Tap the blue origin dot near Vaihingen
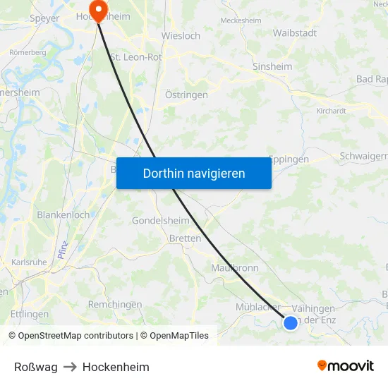291,323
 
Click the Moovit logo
346,366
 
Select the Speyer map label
44,18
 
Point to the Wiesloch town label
181,35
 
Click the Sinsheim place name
272,66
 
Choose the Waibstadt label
294,32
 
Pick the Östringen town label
186,95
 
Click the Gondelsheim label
161,220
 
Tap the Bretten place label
185,238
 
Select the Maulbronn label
235,268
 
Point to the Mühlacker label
258,308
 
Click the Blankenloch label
63,214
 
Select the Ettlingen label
30,314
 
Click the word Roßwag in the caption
36,367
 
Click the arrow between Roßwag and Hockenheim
70,367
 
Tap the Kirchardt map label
332,111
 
